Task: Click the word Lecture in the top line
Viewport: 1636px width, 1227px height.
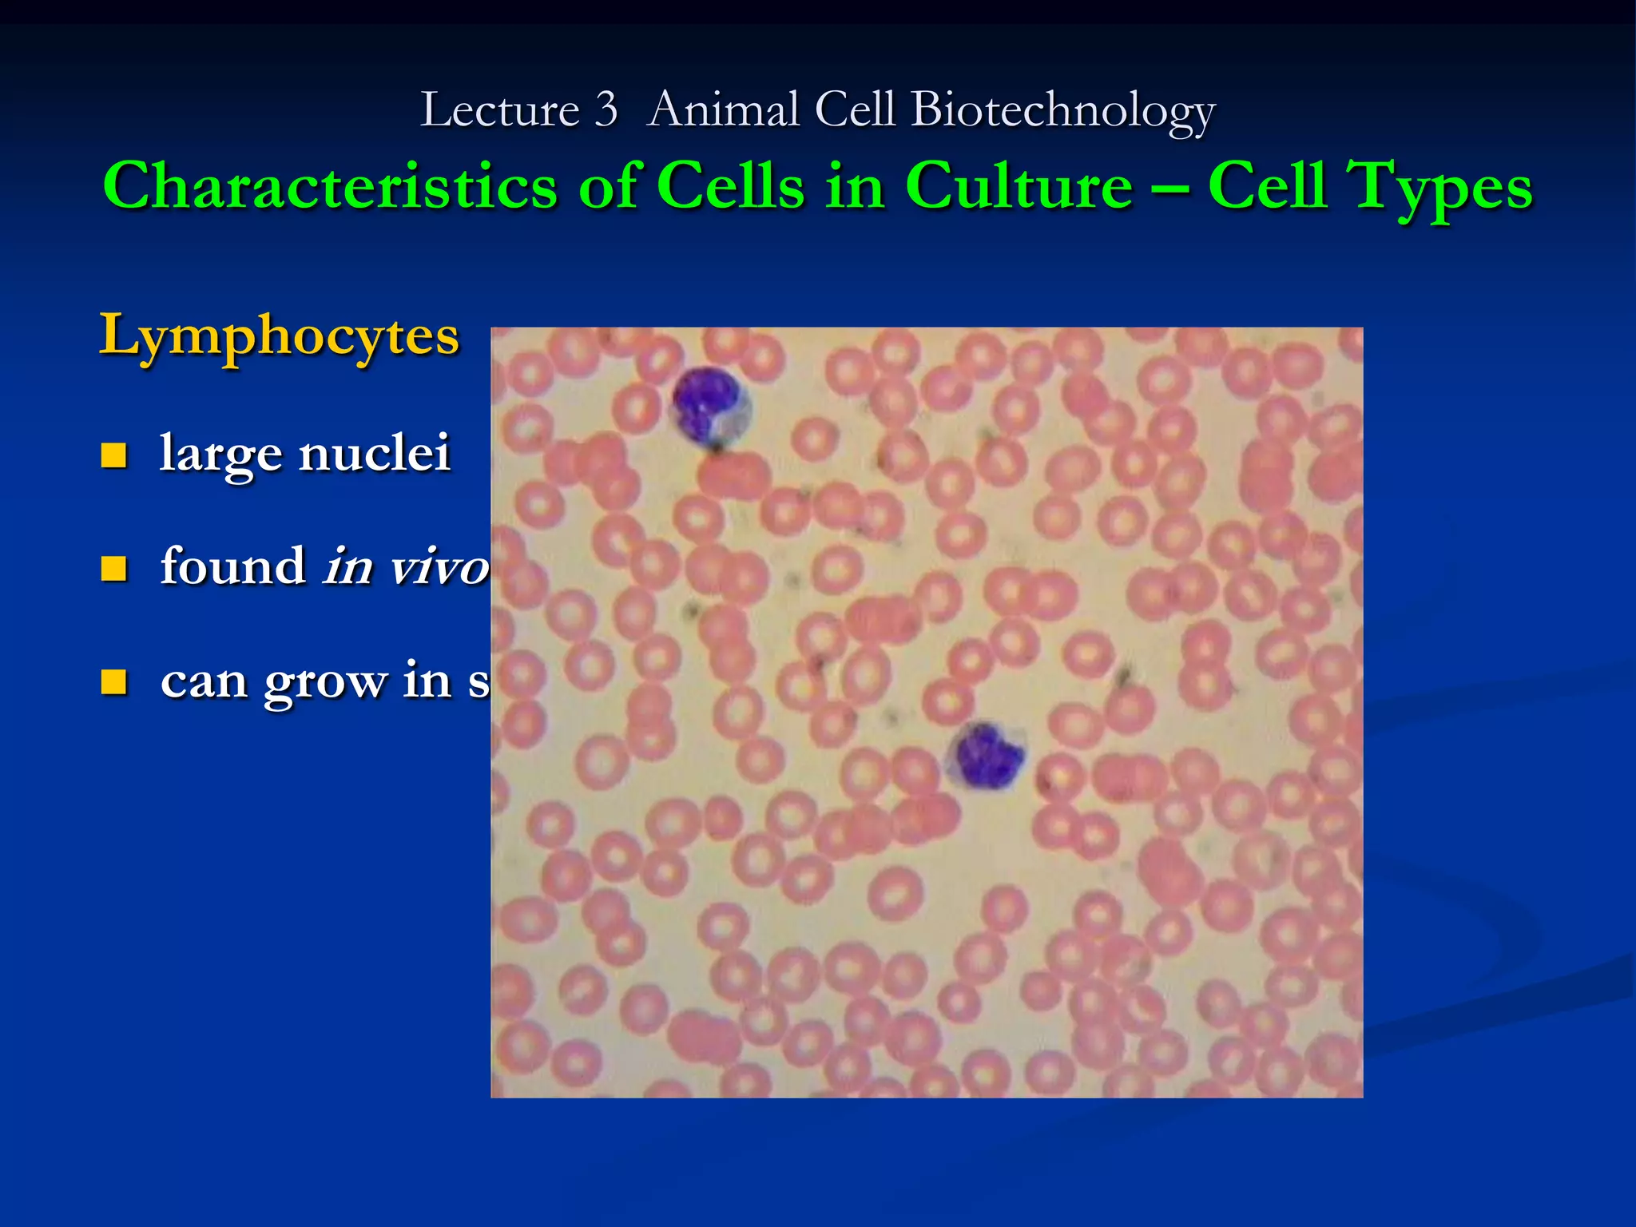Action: click(499, 109)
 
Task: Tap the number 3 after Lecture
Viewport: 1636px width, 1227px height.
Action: click(606, 109)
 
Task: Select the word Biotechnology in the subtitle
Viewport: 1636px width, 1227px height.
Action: click(1062, 109)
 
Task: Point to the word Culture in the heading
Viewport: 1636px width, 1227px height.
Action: click(1019, 186)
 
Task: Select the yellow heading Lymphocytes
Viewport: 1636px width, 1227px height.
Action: click(279, 336)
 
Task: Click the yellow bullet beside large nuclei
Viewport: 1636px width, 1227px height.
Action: click(114, 455)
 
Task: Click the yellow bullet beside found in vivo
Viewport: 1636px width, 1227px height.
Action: click(114, 569)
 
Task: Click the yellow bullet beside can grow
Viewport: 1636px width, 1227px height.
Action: click(114, 682)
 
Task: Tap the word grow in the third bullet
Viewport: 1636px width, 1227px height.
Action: click(324, 682)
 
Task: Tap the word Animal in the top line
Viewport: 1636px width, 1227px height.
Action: click(723, 109)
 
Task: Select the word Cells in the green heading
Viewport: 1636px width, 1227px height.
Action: click(730, 186)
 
